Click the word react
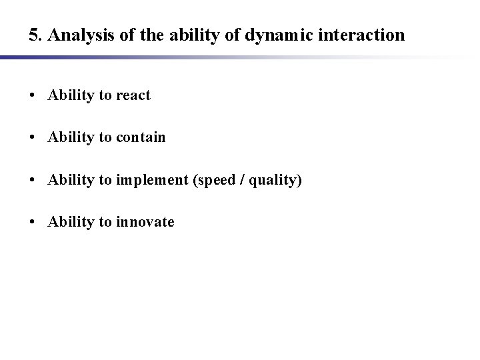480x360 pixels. coord(133,95)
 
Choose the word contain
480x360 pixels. coord(141,137)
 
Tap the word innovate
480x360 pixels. coord(145,222)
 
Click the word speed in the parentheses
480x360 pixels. coord(213,180)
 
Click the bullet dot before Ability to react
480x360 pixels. coord(33,95)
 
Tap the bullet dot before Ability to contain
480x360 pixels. coord(33,137)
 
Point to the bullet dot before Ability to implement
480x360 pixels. coord(33,180)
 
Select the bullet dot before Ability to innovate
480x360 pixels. coord(33,222)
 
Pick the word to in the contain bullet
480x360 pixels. coord(105,137)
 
